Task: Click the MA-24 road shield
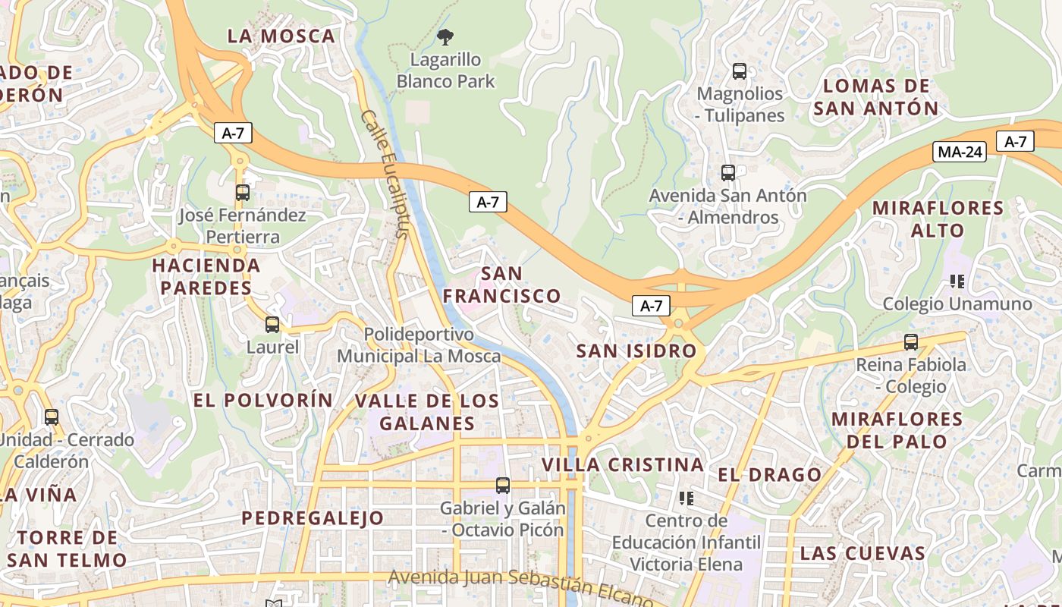960,152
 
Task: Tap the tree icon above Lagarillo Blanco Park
445,36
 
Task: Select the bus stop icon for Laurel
272,325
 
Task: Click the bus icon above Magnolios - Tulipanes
739,71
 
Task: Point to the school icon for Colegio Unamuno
957,281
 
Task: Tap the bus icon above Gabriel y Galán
502,486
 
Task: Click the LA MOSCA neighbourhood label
281,36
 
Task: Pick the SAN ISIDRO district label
636,351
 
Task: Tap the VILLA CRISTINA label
623,464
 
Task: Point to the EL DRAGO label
769,475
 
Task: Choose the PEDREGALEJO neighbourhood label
313,518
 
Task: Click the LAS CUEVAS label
862,553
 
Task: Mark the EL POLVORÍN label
263,400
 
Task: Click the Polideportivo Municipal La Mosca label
419,345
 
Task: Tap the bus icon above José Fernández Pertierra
243,193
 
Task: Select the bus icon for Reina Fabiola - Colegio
911,342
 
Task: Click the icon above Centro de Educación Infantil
687,498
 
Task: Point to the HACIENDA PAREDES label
206,277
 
